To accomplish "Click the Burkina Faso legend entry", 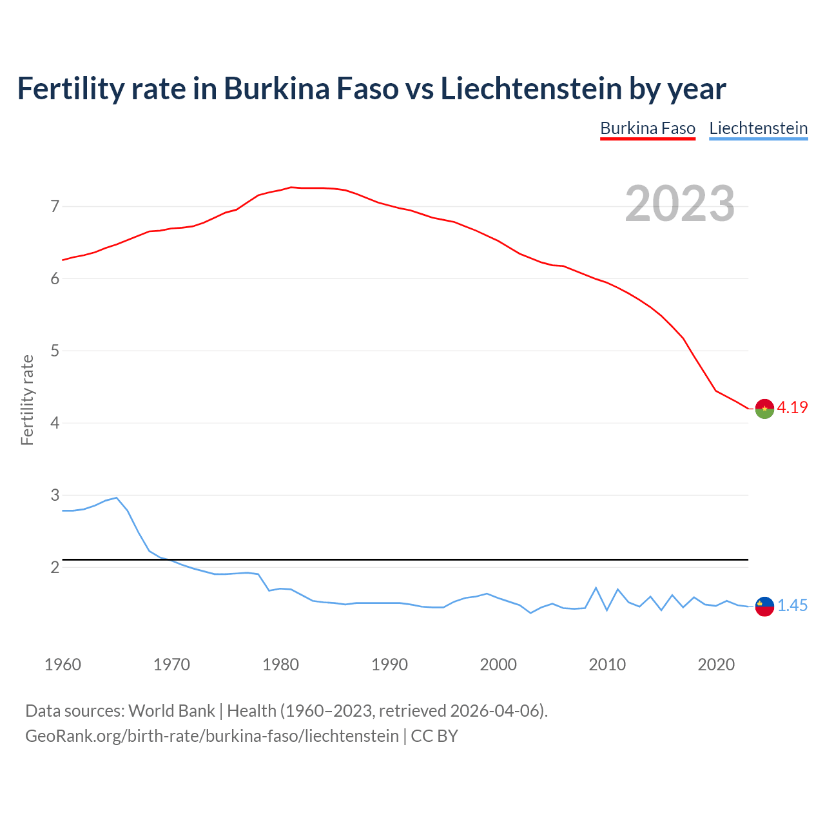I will point(648,128).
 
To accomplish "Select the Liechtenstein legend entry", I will point(758,128).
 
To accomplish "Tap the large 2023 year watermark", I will point(679,204).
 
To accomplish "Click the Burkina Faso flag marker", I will point(764,409).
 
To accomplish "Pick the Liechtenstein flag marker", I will point(764,606).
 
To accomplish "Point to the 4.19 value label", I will point(792,407).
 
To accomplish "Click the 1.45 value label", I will point(792,605).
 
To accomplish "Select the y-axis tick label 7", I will point(55,207).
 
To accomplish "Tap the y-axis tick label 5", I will point(55,351).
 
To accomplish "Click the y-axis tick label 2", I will point(55,568).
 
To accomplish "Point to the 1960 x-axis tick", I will point(63,665).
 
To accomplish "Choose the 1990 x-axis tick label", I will point(389,665).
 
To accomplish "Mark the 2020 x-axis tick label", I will point(716,665).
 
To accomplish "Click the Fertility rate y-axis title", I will point(27,400).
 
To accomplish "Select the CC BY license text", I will point(434,736).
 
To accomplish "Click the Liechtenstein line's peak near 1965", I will point(116,498).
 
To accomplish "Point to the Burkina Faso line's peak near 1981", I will point(291,188).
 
